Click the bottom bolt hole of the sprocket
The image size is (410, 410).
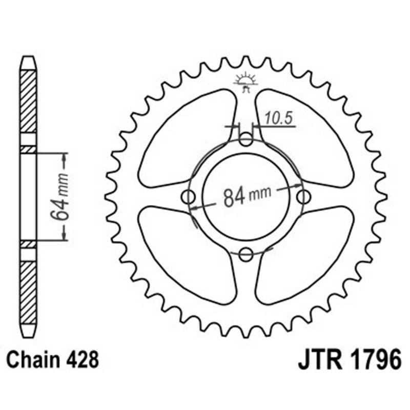click(247, 254)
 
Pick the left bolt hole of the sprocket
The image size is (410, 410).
click(189, 196)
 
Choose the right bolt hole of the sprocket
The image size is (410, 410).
click(304, 196)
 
